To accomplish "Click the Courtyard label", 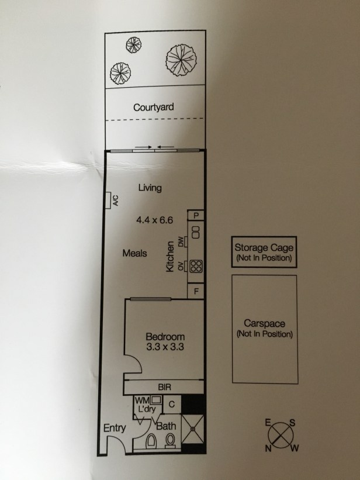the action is (x=153, y=108).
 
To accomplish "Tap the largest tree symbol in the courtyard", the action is (x=181, y=60).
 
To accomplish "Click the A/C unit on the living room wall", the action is (x=108, y=200).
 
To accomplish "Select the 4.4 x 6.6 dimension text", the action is (x=155, y=220).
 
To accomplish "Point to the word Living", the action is (x=150, y=187).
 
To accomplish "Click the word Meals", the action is (x=134, y=253).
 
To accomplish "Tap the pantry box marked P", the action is (x=196, y=216).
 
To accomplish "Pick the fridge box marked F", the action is (x=196, y=291).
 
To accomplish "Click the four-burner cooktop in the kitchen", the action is (x=196, y=266).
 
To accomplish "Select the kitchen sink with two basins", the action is (x=196, y=232).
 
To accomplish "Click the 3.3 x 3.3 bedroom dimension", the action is (x=165, y=347).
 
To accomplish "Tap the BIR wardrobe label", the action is (x=164, y=387).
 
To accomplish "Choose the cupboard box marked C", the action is (x=172, y=405).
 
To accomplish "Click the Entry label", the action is (x=115, y=428).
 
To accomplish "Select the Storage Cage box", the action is (x=264, y=252).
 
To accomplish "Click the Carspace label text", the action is (x=265, y=323).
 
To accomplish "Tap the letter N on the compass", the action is (x=268, y=449).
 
